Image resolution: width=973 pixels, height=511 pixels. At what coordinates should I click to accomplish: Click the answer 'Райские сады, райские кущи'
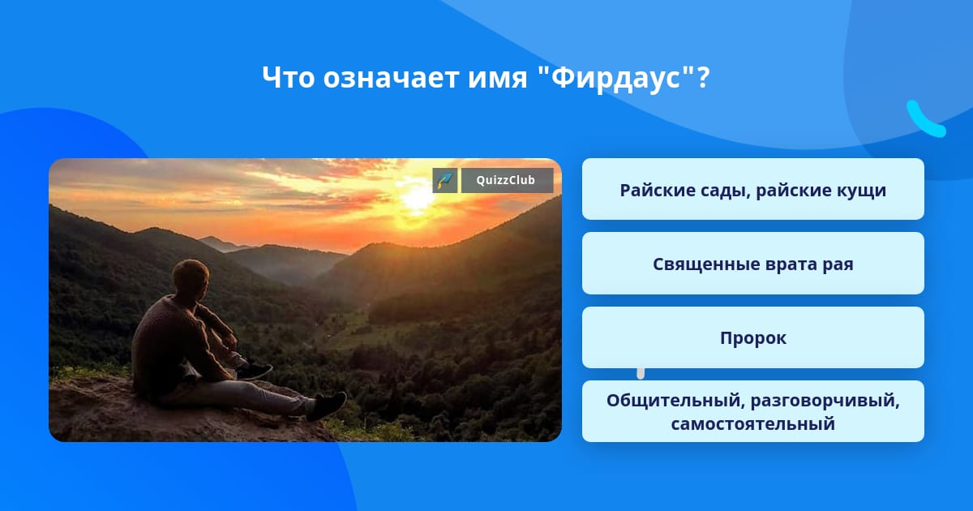[752, 190]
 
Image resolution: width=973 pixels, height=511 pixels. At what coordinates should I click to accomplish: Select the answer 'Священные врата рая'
[752, 264]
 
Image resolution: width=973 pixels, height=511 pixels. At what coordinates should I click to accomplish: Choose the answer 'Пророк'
[752, 338]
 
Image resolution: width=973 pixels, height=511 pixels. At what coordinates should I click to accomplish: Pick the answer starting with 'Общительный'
[752, 411]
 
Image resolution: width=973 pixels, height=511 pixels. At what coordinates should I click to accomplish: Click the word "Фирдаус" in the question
[614, 78]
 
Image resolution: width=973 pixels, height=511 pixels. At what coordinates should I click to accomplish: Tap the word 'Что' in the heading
[288, 78]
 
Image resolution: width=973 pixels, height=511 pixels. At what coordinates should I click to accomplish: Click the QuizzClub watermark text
[507, 180]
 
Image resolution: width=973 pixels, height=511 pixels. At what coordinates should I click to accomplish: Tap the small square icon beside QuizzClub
[445, 180]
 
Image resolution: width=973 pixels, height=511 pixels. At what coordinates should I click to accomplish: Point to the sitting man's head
[192, 277]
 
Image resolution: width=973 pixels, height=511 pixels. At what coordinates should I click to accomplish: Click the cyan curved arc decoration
[924, 120]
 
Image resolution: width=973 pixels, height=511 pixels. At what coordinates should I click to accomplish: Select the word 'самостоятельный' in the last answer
[752, 423]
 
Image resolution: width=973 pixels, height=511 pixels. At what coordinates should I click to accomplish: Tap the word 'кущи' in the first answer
[860, 190]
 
